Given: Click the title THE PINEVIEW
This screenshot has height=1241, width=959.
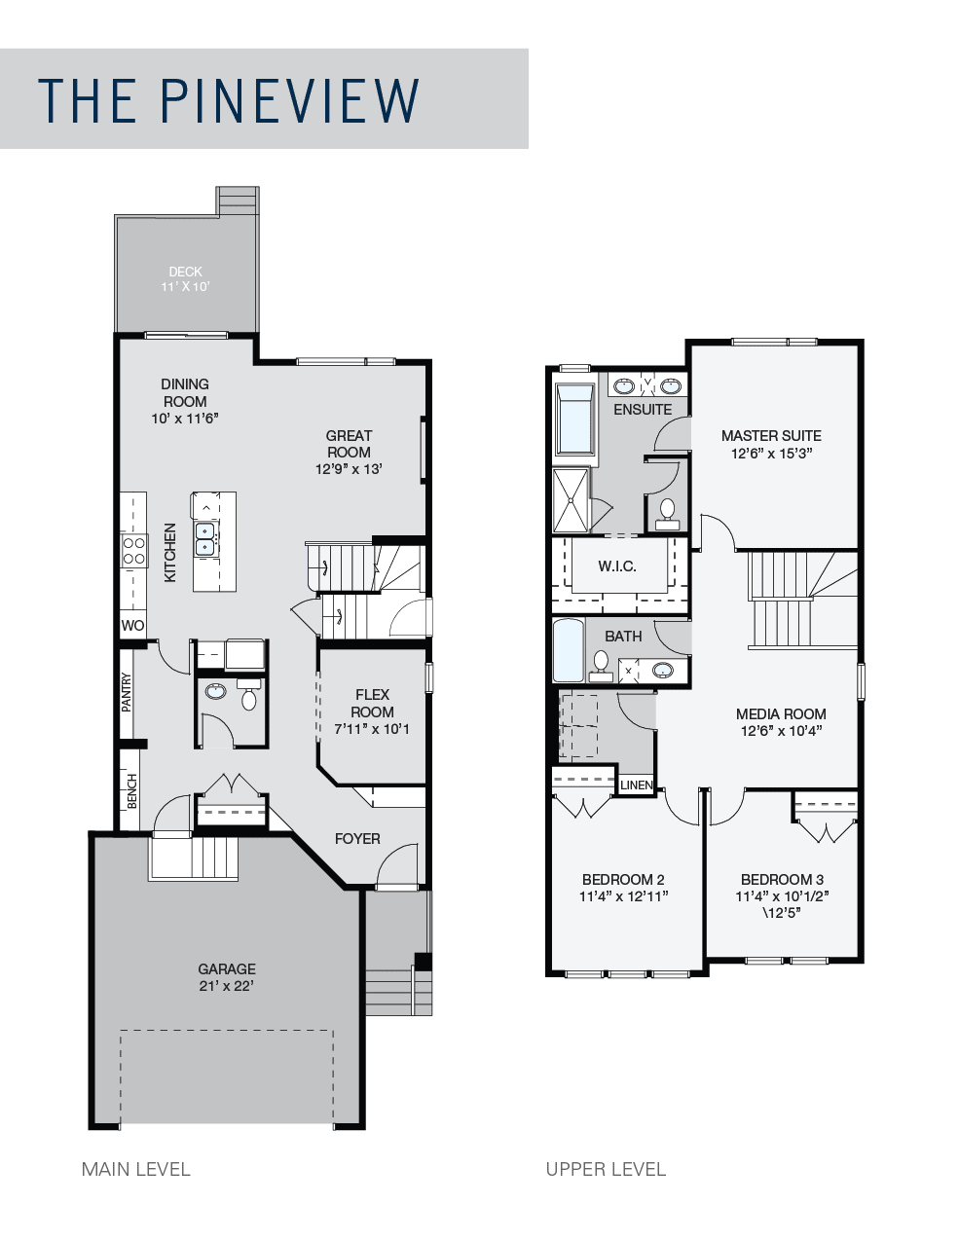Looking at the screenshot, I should [229, 99].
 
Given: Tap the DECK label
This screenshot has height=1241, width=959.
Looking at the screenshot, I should [185, 272].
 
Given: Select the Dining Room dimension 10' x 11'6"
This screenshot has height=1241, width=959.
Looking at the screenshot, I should [185, 419].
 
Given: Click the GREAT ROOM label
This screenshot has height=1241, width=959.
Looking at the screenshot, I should [349, 444].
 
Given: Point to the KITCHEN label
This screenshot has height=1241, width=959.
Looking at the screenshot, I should [170, 553].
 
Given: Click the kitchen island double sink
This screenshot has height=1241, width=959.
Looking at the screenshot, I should [205, 538].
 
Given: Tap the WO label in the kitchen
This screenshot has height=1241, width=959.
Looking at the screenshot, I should [132, 625].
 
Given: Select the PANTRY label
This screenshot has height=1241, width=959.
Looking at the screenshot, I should [127, 693].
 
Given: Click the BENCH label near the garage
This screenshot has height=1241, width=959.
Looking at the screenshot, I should [131, 790].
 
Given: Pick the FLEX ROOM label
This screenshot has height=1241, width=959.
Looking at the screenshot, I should [372, 703].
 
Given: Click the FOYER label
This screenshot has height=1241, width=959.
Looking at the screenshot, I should [357, 838].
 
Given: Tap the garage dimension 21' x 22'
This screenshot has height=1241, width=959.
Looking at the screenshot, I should [227, 986].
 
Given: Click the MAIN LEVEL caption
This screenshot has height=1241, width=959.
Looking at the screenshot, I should [136, 1169].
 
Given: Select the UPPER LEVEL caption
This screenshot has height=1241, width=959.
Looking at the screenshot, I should [606, 1169].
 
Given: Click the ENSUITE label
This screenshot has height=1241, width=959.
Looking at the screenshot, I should [643, 410].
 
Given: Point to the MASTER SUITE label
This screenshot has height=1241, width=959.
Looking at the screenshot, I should [771, 435].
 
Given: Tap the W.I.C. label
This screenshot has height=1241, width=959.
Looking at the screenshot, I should [617, 566].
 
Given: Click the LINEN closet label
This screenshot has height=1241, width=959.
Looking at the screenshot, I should [637, 785].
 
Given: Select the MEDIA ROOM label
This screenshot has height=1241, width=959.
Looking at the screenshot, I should [781, 713].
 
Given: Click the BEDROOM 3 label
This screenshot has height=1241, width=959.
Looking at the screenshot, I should [782, 879].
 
